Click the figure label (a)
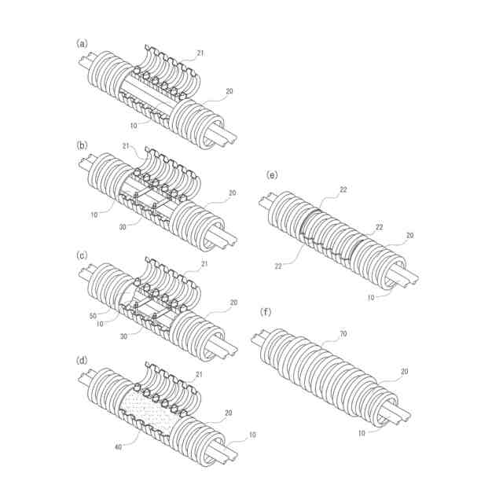coord(82,44)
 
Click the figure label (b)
coord(82,145)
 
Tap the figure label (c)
coord(82,255)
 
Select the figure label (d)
coord(82,361)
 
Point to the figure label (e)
coord(272,175)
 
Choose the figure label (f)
coord(266,312)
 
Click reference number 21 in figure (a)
coord(200,53)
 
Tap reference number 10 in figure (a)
coord(134,126)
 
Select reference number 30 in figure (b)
coord(123,227)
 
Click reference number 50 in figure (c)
coord(93,316)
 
